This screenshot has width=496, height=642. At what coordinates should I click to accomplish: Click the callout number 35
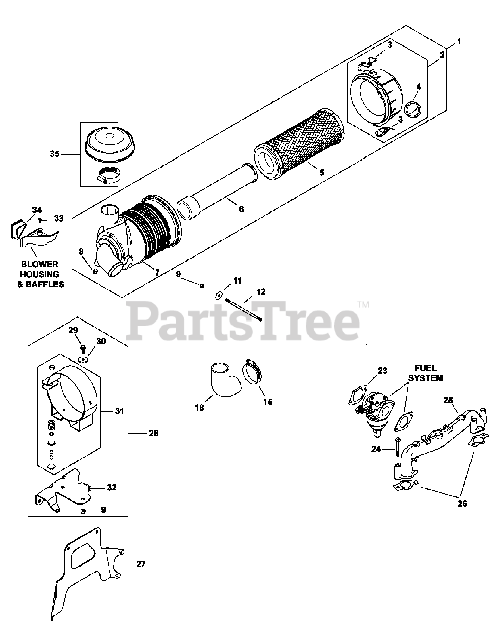tap(54, 154)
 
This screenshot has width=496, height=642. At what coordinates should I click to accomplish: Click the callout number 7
tap(157, 272)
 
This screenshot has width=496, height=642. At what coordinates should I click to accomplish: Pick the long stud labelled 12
tap(244, 309)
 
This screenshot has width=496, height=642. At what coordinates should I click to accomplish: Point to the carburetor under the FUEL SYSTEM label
tap(376, 408)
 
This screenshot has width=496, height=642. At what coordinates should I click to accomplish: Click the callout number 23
tap(383, 372)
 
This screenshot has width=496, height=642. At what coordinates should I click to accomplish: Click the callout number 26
tap(462, 503)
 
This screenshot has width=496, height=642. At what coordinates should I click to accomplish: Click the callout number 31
tap(119, 411)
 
